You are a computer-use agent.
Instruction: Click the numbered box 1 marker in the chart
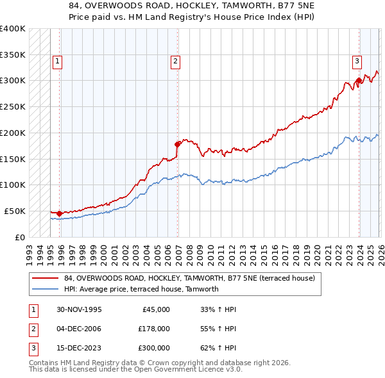[x=57, y=62]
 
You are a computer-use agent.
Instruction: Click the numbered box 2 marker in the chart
[x=175, y=62]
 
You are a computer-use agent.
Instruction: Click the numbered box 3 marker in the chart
[x=357, y=62]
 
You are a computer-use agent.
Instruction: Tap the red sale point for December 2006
[x=178, y=144]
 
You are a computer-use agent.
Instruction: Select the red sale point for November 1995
[x=60, y=213]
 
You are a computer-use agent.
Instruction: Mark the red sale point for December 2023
[x=359, y=80]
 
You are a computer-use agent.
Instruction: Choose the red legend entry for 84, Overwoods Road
[x=189, y=279]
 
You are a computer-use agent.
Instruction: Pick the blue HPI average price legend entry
[x=141, y=289]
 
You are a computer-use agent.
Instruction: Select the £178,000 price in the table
[x=154, y=329]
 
